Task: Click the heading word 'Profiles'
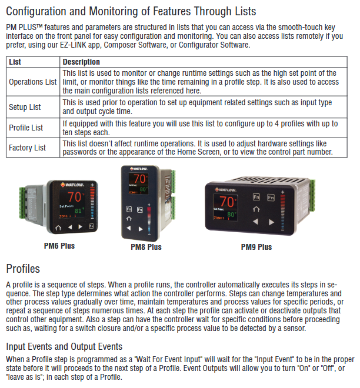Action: coord(23,269)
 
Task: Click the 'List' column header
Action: coord(15,62)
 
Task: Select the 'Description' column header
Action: coord(81,62)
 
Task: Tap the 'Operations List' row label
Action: coord(33,82)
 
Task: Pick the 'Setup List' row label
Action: coord(25,107)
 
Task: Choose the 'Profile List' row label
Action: coord(26,128)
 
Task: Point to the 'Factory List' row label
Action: coord(27,148)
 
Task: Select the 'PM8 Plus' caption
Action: coord(146,247)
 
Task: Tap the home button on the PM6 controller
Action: coord(58,226)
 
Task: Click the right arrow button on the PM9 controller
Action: coord(272,222)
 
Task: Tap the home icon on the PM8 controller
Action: coord(129,219)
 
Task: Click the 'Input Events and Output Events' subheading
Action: coord(64,346)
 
